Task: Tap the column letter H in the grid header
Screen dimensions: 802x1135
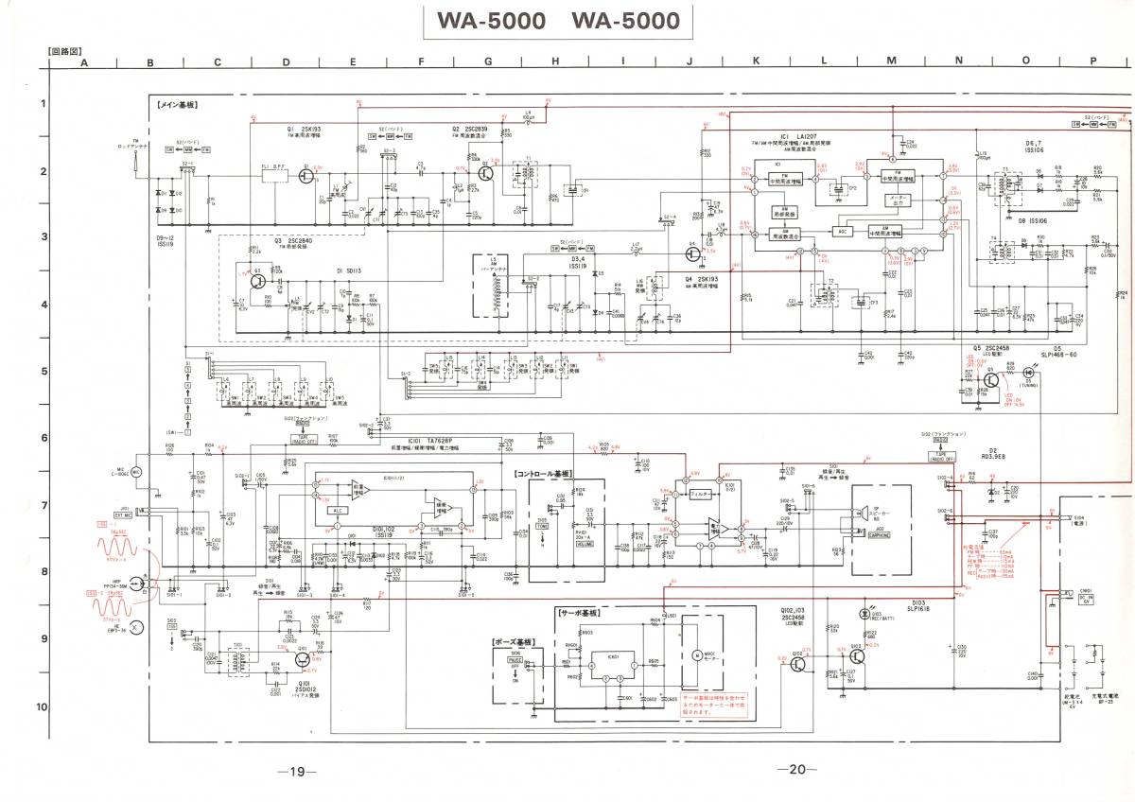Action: [x=555, y=62]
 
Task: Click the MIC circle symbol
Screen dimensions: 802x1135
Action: [x=136, y=471]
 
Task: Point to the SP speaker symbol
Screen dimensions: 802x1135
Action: [x=864, y=512]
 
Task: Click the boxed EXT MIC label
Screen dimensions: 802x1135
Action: [x=121, y=514]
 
